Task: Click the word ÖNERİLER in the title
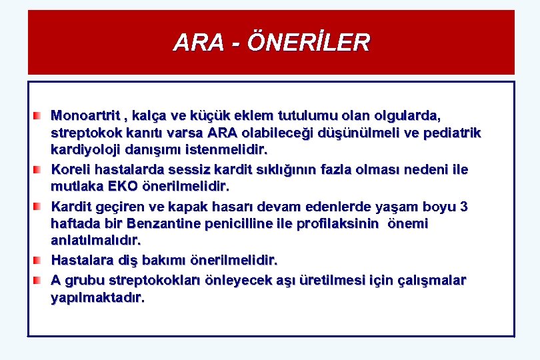coord(308,43)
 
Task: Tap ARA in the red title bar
coord(197,43)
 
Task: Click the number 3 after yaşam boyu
coord(464,206)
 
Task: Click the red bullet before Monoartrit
coord(37,115)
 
